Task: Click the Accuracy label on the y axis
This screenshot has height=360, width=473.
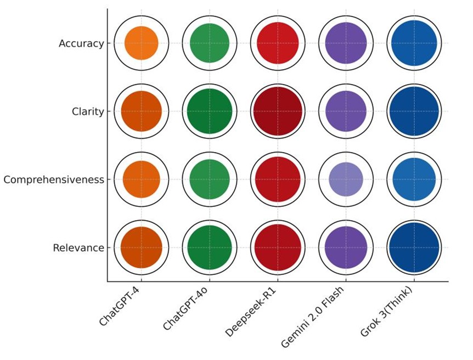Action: (81, 43)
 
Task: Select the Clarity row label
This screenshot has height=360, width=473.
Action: (88, 111)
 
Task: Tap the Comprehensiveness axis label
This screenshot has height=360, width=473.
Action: (53, 179)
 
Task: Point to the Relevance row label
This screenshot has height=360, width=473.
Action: (78, 248)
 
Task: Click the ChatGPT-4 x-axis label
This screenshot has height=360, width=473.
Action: (120, 306)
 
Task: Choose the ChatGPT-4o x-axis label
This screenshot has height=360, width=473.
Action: (185, 309)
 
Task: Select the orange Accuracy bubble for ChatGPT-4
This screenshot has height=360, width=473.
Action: (142, 43)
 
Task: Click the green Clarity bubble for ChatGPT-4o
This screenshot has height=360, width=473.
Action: (210, 111)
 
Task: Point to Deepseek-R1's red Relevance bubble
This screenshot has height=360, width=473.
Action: (278, 248)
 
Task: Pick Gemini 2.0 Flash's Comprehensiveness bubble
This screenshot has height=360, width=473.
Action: (346, 179)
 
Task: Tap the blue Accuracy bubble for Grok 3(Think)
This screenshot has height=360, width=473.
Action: (414, 43)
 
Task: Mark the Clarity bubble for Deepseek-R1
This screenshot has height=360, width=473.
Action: (278, 111)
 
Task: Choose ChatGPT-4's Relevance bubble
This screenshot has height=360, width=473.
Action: (142, 248)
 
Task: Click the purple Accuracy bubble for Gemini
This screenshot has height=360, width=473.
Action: (346, 43)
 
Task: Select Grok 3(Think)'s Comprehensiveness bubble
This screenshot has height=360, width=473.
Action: (414, 179)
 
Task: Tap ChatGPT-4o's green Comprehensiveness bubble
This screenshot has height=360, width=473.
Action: (210, 179)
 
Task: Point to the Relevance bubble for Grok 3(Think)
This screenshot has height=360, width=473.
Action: (414, 248)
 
